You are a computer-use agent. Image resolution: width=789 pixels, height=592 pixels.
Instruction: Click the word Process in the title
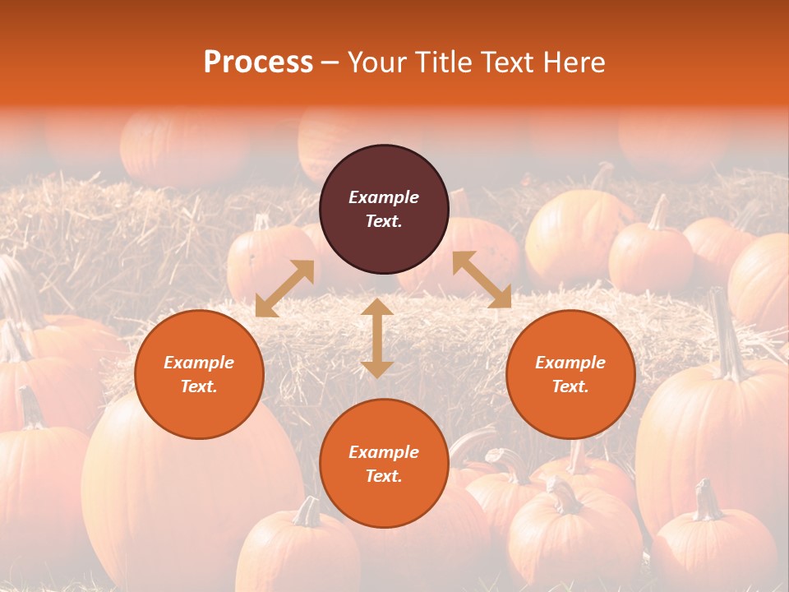pyautogui.click(x=258, y=62)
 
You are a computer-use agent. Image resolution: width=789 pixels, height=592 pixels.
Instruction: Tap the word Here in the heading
pyautogui.click(x=574, y=62)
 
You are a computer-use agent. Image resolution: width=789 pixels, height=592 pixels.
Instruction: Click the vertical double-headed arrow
pyautogui.click(x=377, y=338)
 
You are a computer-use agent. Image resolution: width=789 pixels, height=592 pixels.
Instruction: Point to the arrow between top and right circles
pyautogui.click(x=482, y=280)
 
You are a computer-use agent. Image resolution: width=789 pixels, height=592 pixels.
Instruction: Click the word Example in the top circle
pyautogui.click(x=384, y=197)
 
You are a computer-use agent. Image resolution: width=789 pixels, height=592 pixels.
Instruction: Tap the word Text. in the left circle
pyautogui.click(x=199, y=386)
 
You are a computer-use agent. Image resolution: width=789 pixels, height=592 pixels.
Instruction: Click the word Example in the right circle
pyautogui.click(x=570, y=363)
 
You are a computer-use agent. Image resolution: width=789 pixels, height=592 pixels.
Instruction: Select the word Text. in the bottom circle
pyautogui.click(x=384, y=476)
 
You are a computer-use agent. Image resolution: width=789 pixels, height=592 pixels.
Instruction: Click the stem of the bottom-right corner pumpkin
pyautogui.click(x=705, y=500)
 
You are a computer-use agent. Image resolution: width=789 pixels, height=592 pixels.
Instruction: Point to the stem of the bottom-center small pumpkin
pyautogui.click(x=307, y=511)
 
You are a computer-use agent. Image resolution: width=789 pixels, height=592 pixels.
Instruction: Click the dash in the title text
pyautogui.click(x=330, y=63)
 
